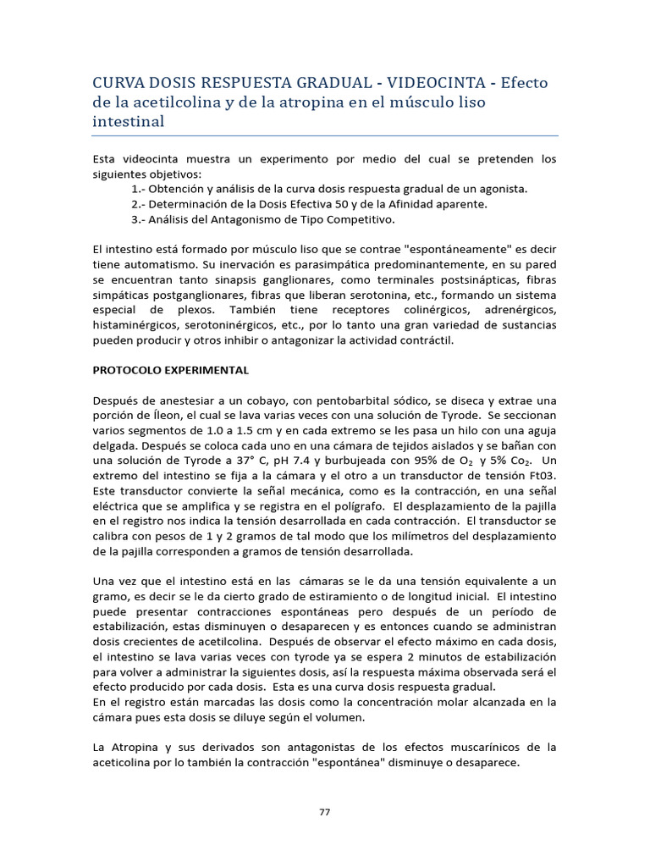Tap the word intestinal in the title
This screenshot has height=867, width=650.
(127, 121)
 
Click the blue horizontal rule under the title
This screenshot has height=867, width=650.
(325, 135)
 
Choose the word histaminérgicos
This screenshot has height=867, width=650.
(136, 325)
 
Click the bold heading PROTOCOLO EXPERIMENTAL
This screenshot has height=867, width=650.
(169, 370)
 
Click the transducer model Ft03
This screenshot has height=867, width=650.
(541, 477)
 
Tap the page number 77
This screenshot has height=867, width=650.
(325, 812)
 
